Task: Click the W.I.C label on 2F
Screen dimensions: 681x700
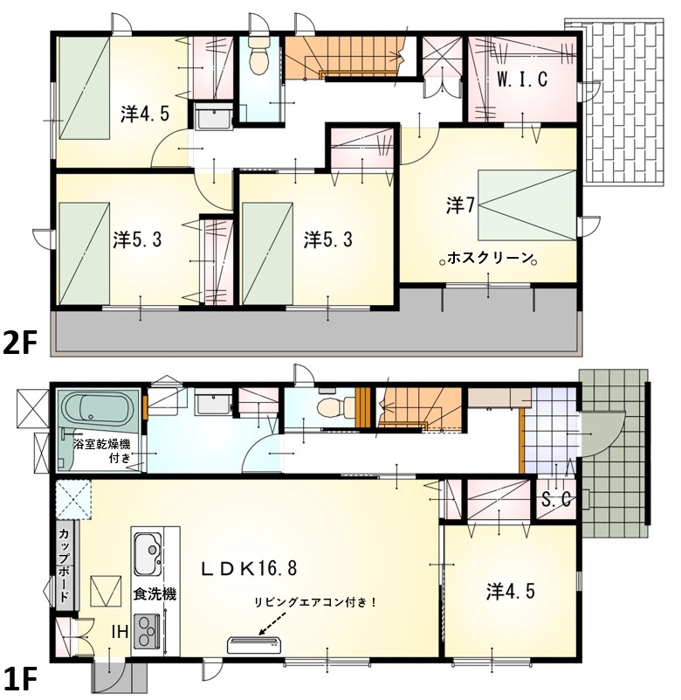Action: click(522, 80)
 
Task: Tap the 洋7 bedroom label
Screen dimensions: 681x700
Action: click(460, 205)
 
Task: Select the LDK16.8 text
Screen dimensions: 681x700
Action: click(249, 568)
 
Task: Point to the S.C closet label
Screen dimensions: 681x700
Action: click(556, 500)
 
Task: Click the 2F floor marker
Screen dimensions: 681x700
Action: click(19, 343)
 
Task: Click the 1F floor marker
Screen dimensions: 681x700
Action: click(19, 678)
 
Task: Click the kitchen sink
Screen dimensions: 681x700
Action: click(148, 553)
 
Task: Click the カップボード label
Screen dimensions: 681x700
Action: click(64, 565)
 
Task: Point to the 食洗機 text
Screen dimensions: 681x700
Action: click(155, 593)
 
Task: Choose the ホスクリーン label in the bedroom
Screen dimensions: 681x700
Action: click(490, 258)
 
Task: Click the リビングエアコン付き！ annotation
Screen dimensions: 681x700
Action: click(315, 602)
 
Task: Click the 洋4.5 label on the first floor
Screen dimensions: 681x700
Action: click(510, 592)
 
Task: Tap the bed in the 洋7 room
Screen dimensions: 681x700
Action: click(527, 205)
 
